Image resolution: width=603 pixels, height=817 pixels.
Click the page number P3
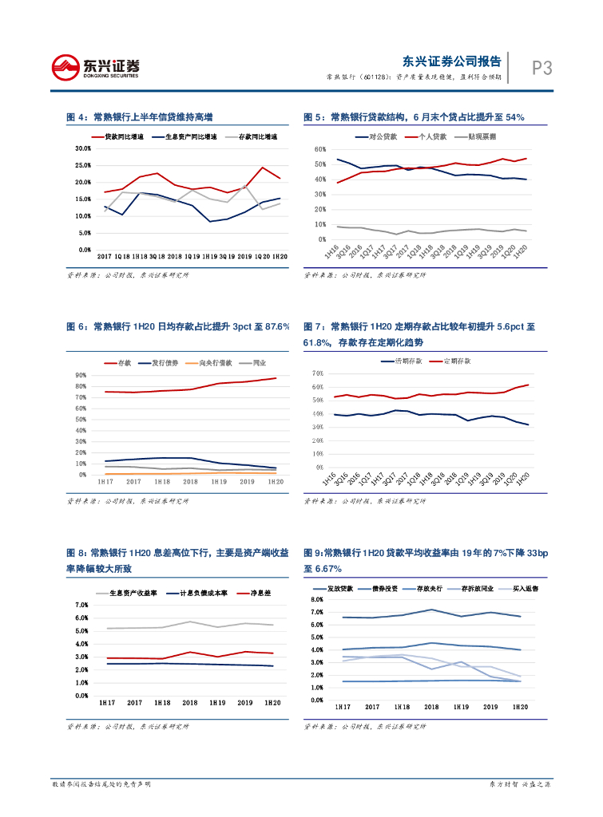coord(542,69)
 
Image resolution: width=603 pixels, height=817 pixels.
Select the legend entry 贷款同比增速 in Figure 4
coord(125,137)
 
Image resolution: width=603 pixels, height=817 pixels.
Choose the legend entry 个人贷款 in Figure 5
coord(432,137)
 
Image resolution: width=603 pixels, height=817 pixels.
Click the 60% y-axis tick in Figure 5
coord(319,149)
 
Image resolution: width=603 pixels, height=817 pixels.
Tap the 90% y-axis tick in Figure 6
coord(81,375)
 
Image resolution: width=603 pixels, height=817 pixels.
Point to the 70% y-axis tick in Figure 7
coord(317,373)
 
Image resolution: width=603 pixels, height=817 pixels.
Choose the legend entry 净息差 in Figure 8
coord(261,594)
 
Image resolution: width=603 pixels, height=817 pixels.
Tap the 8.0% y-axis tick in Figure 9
coord(316,599)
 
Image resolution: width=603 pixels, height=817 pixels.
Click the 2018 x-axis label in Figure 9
coord(431,707)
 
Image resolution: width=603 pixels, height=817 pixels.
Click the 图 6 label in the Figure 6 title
coord(77,326)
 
